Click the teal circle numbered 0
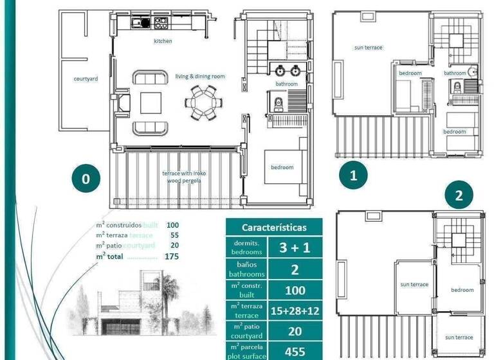[x=86, y=178]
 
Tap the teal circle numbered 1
[x=352, y=174]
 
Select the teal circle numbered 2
[x=459, y=195]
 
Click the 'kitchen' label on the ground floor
[x=163, y=41]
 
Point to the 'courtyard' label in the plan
[x=86, y=79]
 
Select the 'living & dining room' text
[x=200, y=76]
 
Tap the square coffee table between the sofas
[x=152, y=102]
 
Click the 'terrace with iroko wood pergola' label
[x=181, y=177]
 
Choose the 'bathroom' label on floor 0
[x=287, y=84]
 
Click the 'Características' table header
[x=273, y=228]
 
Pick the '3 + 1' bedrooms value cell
[x=295, y=248]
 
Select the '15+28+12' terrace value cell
[x=295, y=311]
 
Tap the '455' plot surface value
[x=295, y=351]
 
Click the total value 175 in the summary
[x=172, y=256]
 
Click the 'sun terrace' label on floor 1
[x=368, y=48]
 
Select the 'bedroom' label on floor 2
[x=462, y=290]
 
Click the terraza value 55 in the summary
[x=174, y=235]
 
